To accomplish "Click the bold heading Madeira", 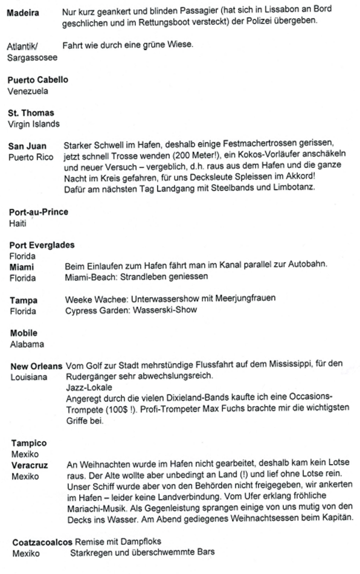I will [23, 13].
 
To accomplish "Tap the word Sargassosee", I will [28, 58].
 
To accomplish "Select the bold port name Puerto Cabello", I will [37, 80].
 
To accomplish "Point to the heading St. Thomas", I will [31, 113].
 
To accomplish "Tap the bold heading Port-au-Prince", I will [39, 212].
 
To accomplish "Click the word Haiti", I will [18, 223].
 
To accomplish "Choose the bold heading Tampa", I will [24, 300].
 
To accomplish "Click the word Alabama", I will [25, 344].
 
